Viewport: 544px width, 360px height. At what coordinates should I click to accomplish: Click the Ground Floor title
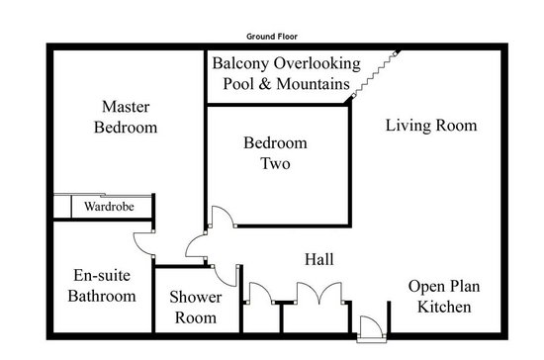(272, 36)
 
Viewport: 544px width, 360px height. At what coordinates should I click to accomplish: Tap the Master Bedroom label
(126, 117)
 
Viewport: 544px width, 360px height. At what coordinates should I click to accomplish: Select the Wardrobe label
(109, 207)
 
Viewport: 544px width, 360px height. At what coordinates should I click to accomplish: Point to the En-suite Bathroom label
(102, 286)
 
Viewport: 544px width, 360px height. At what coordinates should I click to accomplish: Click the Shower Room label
(195, 308)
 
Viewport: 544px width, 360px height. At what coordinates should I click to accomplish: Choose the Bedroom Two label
(275, 153)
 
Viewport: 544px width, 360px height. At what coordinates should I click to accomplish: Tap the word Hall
(319, 259)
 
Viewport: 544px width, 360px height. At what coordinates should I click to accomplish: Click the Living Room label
(431, 126)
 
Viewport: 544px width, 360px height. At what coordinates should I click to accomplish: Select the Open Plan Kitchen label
(444, 297)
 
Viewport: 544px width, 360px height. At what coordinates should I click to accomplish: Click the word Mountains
(313, 84)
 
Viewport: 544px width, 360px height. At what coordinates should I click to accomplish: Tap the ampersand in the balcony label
(264, 84)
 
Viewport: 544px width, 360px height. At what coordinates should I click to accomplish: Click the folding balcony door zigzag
(375, 74)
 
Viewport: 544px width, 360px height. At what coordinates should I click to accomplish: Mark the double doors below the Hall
(318, 292)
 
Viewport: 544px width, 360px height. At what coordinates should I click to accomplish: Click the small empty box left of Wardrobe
(62, 207)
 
